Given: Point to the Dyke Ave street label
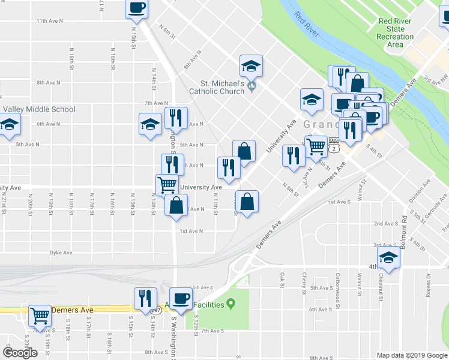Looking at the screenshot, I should pyautogui.click(x=61, y=253).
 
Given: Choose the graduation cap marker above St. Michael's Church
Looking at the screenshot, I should pyautogui.click(x=251, y=65).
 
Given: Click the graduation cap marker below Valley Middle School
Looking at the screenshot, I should pyautogui.click(x=10, y=124).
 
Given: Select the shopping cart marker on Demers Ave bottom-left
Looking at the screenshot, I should pyautogui.click(x=40, y=314).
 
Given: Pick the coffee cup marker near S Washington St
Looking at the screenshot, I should pyautogui.click(x=181, y=298).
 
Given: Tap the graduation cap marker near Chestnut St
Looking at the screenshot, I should pyautogui.click(x=388, y=258).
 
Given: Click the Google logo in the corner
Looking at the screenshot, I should pyautogui.click(x=20, y=353).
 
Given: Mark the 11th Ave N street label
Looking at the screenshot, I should pyautogui.click(x=50, y=20).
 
